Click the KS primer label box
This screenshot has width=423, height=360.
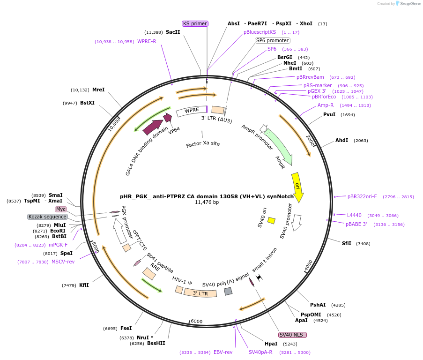195,23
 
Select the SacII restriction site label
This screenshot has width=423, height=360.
173,32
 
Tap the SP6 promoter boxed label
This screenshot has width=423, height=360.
272,40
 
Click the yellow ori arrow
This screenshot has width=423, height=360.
297,186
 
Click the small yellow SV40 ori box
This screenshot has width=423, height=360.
271,220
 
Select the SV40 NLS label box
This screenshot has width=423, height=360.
292,335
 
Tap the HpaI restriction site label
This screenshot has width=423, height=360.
271,344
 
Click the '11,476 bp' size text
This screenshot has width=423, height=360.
207,202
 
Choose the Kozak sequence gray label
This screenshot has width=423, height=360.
47,217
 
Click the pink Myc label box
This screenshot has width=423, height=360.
60,209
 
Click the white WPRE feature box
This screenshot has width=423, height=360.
191,111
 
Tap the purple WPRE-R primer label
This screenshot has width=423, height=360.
147,41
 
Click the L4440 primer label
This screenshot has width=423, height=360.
354,215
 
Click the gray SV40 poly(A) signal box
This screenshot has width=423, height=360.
228,291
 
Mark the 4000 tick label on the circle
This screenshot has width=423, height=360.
308,266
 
